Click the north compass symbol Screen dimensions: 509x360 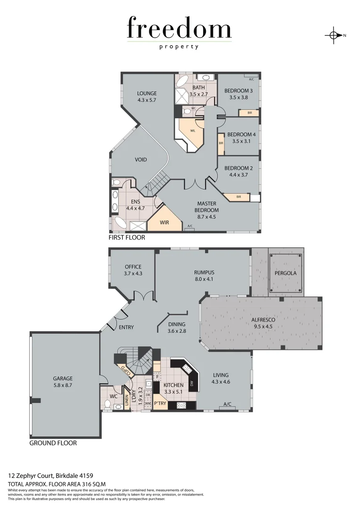[334, 35]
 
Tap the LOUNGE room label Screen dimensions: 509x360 [147, 93]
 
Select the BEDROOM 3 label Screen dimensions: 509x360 [238, 91]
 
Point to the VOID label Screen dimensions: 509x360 [140, 160]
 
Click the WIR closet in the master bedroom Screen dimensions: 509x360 [164, 222]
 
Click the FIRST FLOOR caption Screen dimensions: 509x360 [127, 238]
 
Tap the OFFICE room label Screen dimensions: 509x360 [133, 267]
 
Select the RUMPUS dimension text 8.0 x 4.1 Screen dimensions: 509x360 [204, 279]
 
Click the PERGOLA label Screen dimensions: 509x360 [286, 273]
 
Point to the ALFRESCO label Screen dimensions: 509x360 [263, 320]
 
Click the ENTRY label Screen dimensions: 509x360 [126, 327]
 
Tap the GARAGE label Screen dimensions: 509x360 [63, 378]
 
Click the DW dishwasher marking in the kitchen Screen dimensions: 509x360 [192, 384]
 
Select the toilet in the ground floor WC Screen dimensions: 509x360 [107, 404]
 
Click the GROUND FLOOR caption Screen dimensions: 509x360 [53, 443]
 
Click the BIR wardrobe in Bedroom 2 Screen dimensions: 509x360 [239, 197]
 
